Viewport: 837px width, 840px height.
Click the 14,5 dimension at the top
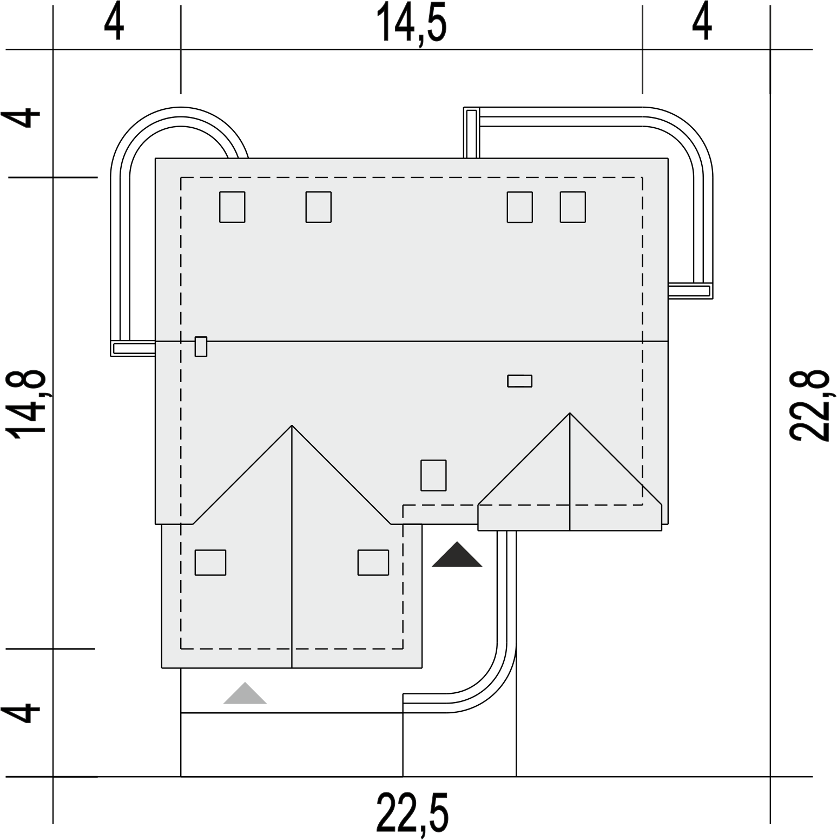point(414,23)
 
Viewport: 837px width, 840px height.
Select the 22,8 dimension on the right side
point(809,406)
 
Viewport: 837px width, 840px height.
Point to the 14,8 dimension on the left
point(24,406)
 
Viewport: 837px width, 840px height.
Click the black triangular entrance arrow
point(457,554)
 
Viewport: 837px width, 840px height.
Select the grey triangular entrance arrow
point(245,693)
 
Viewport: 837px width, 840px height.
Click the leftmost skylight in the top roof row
point(232,207)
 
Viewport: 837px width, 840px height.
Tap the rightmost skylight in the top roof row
point(573,207)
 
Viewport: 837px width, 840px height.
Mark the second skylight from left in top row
point(319,207)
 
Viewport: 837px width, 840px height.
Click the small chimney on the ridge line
point(201,346)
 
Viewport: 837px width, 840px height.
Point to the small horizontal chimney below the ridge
point(519,381)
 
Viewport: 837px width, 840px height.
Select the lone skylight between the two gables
point(434,475)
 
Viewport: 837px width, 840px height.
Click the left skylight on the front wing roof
point(210,562)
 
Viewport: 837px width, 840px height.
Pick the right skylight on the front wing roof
point(373,562)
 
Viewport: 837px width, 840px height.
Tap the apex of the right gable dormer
point(570,414)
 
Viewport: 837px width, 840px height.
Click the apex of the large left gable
point(292,425)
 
